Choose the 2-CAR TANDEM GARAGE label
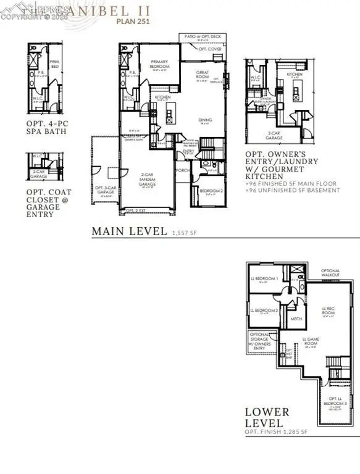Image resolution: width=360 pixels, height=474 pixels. click(x=148, y=181)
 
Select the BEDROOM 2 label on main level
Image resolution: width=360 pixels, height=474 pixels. click(x=209, y=191)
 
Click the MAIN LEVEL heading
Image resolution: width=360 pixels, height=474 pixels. click(x=129, y=231)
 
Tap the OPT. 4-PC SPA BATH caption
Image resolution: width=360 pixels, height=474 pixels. click(x=48, y=128)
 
